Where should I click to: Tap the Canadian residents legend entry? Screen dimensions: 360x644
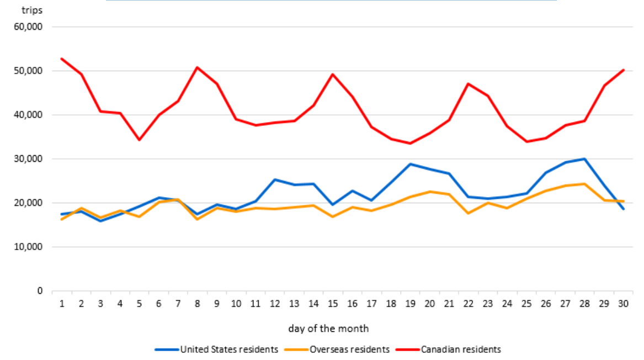461,350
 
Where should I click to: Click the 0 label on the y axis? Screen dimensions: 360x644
40,291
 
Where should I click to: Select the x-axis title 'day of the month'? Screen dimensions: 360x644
328,329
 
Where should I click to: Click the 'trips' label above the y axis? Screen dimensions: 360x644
32,10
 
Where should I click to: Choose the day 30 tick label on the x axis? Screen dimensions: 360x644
623,303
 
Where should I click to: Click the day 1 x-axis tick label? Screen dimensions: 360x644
61,303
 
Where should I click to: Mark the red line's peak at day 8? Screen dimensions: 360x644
197,67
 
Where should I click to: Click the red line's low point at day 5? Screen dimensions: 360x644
139,140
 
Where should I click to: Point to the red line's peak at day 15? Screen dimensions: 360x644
333,74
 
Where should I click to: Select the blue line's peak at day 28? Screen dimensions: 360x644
584,159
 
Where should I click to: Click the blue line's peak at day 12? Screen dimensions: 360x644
274,179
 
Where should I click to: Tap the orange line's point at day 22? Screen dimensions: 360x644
468,213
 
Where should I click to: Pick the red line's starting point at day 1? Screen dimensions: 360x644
61,59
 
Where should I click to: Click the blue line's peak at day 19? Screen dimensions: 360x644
410,164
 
